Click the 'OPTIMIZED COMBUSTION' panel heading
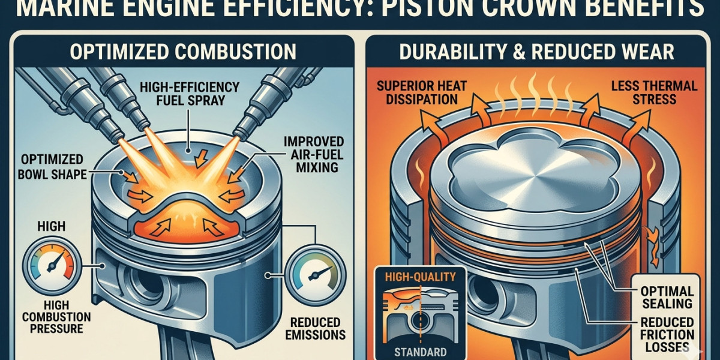click(183, 52)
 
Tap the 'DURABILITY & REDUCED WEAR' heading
click(536, 52)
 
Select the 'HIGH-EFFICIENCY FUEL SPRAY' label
click(190, 94)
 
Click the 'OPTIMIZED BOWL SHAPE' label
click(52, 167)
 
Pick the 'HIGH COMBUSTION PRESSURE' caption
click(56, 317)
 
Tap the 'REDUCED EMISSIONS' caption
click(316, 329)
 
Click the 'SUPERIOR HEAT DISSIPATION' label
click(421, 92)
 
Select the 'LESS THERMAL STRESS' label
click(654, 92)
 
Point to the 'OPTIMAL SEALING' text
click(667, 298)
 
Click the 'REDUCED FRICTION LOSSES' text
click(667, 335)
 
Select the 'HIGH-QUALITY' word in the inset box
click(421, 277)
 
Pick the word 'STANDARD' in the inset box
click(420, 352)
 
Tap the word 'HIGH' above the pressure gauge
click(52, 226)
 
